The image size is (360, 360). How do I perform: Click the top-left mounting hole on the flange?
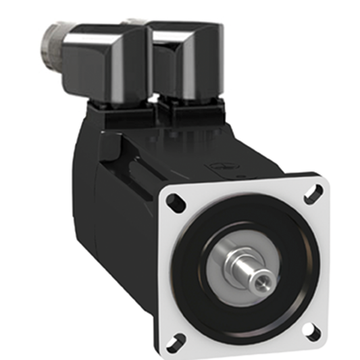[x=174, y=200]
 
